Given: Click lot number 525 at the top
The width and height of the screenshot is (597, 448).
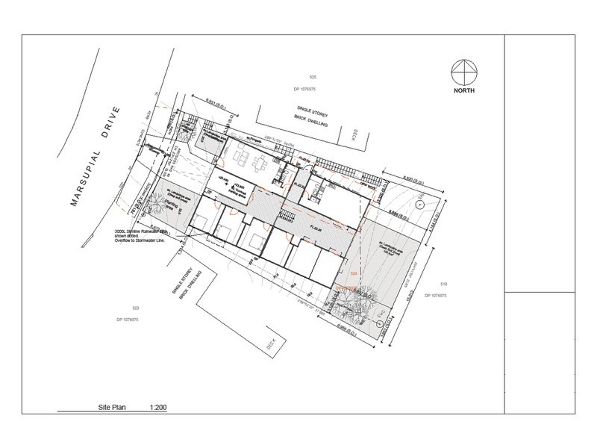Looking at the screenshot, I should [313, 78].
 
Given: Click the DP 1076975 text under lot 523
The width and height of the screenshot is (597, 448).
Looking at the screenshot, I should [133, 320].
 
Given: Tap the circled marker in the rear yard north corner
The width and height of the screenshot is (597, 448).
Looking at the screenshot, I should [419, 203].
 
